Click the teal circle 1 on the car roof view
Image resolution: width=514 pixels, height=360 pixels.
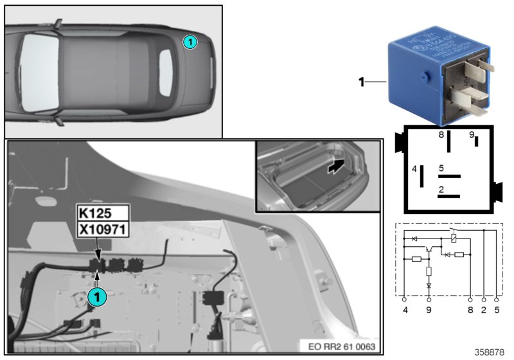pos(190,41)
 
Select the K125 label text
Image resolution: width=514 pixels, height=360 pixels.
pos(94,213)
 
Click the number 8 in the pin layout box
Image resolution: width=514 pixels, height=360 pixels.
pos(441,135)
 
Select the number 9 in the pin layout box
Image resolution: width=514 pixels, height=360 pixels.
pos(471,135)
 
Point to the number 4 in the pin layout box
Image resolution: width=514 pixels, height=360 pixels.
pos(414,169)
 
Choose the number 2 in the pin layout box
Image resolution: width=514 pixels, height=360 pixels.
pos(441,189)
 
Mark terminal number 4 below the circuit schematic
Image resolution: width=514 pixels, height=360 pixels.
pos(404,310)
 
